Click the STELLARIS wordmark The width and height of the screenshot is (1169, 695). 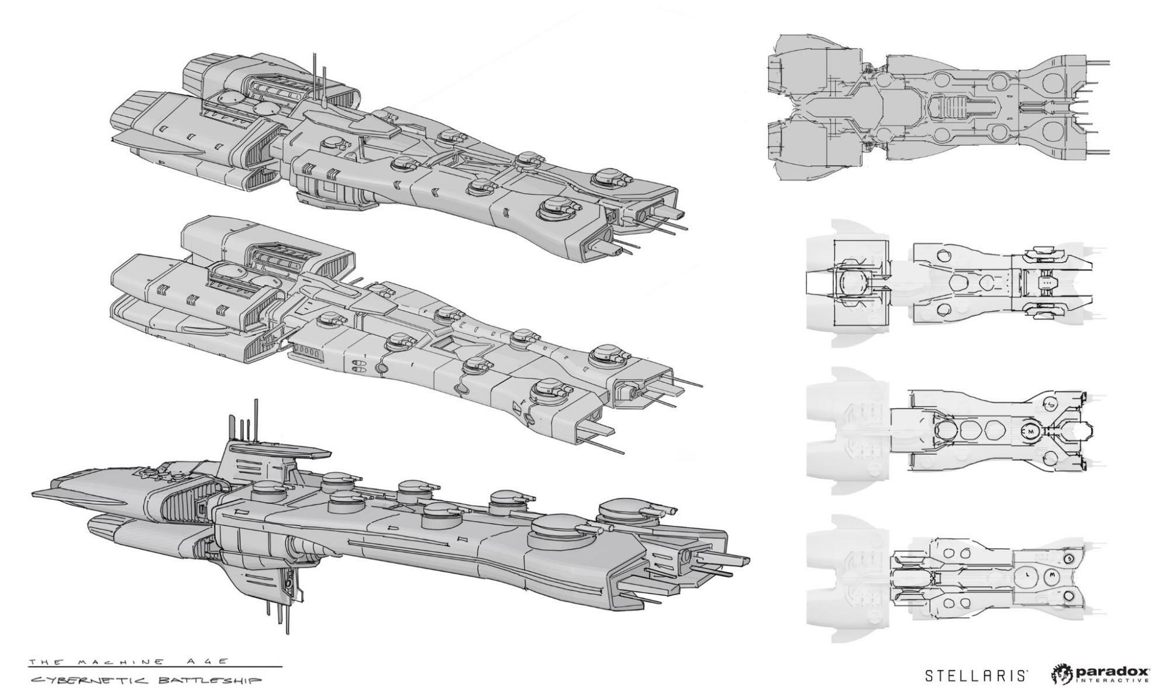[975, 676]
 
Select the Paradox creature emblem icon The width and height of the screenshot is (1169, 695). [1062, 674]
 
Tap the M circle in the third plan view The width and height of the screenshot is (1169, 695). [1030, 431]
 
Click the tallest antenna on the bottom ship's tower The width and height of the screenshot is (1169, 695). [256, 418]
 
